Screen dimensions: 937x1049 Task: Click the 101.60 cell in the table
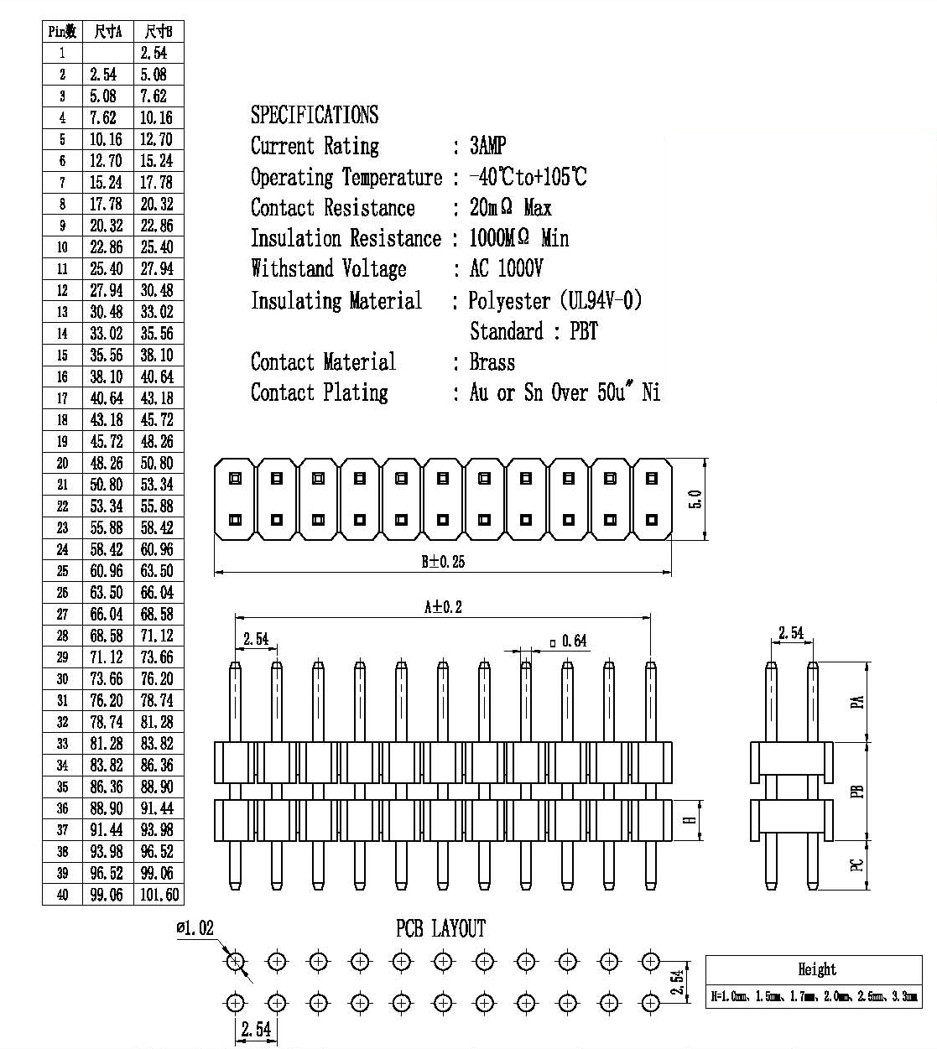pyautogui.click(x=159, y=895)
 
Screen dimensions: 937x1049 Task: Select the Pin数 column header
pyautogui.click(x=62, y=32)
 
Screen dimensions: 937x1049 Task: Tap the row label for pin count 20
pyautogui.click(x=62, y=463)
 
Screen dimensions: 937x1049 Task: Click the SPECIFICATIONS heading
pyautogui.click(x=315, y=115)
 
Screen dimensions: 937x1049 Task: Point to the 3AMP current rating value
pyautogui.click(x=487, y=146)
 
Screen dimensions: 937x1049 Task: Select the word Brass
pyautogui.click(x=492, y=362)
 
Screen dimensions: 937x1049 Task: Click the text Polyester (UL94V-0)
pyautogui.click(x=555, y=300)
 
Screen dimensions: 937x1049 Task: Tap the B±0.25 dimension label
pyautogui.click(x=443, y=562)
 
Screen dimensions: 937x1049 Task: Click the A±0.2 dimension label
pyautogui.click(x=443, y=607)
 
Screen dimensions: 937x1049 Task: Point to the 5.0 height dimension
pyautogui.click(x=695, y=499)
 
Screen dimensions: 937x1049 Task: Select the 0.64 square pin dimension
pyautogui.click(x=569, y=641)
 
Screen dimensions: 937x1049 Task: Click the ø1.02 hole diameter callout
pyautogui.click(x=195, y=928)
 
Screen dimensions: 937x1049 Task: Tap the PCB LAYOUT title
pyautogui.click(x=440, y=928)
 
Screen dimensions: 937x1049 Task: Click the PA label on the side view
pyautogui.click(x=857, y=702)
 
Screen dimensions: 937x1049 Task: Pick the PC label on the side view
pyautogui.click(x=857, y=865)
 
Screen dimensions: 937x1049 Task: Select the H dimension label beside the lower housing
pyautogui.click(x=690, y=820)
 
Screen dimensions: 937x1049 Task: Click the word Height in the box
pyautogui.click(x=817, y=969)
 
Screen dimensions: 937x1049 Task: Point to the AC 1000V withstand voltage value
pyautogui.click(x=506, y=268)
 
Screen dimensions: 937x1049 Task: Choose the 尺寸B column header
pyautogui.click(x=159, y=32)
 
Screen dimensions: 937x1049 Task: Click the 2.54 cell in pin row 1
pyautogui.click(x=154, y=53)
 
